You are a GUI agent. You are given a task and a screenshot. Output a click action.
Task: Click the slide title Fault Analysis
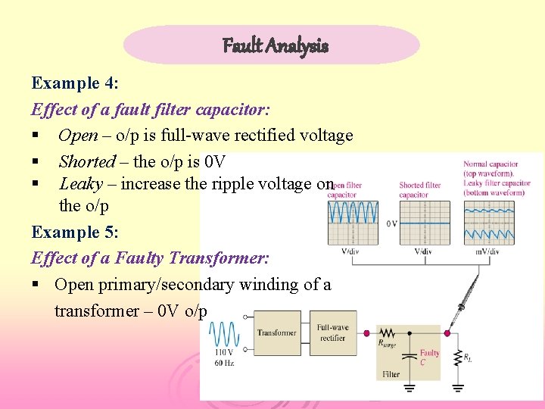[x=275, y=45]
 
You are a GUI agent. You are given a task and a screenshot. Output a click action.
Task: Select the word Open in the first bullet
[x=78, y=136]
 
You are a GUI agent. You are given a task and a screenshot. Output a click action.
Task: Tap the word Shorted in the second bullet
[x=87, y=161]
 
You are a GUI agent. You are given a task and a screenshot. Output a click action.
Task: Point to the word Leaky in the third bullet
[x=80, y=183]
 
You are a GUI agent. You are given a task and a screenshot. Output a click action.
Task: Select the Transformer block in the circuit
[x=276, y=333]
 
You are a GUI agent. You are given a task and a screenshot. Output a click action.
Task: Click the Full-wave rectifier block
[x=333, y=333]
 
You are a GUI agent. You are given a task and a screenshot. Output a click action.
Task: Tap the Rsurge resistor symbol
[x=388, y=333]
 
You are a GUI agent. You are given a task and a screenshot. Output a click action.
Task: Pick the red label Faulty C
[x=429, y=357]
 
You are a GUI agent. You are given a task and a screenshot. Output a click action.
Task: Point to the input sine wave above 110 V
[x=224, y=334]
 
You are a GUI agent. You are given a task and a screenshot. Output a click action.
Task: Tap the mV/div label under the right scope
[x=487, y=251]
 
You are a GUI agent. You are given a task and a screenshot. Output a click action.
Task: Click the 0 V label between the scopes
[x=391, y=224]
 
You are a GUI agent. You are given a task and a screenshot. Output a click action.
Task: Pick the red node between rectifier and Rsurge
[x=367, y=333]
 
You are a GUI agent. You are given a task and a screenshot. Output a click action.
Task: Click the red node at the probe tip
[x=447, y=333]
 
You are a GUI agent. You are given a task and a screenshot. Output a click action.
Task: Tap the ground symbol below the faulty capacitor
[x=409, y=388]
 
